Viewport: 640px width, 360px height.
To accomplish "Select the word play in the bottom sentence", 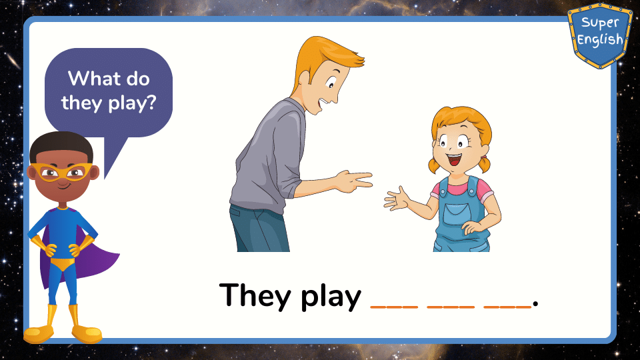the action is (x=331, y=297).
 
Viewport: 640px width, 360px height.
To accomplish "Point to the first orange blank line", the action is (x=394, y=306).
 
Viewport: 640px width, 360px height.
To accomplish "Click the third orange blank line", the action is (x=507, y=306).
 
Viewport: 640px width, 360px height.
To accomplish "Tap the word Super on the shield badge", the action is (x=600, y=23).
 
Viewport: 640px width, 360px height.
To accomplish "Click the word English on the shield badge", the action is (x=600, y=39).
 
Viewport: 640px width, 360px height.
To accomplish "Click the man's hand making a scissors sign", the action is (x=353, y=181).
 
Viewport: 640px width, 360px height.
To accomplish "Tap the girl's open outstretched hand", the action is (x=396, y=199).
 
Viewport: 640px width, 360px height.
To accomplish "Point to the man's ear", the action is (x=305, y=79).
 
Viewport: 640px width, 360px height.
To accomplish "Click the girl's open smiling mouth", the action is (x=454, y=159).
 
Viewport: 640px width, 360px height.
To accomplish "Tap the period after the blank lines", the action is (x=535, y=304).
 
